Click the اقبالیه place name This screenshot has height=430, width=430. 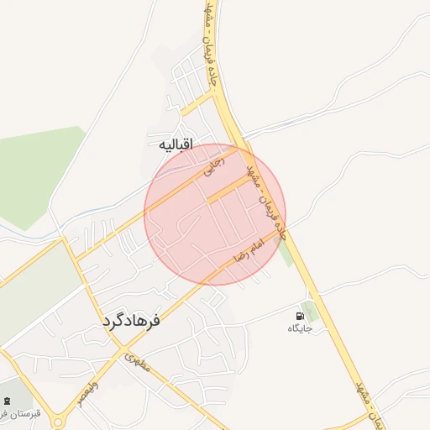tap(176, 145)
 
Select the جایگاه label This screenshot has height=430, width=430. tap(300, 328)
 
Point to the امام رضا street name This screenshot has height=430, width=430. tap(251, 249)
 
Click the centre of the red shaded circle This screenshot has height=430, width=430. tap(215, 215)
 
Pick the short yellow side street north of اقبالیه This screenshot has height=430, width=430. tap(199, 103)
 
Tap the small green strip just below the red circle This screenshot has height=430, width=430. tap(286, 252)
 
